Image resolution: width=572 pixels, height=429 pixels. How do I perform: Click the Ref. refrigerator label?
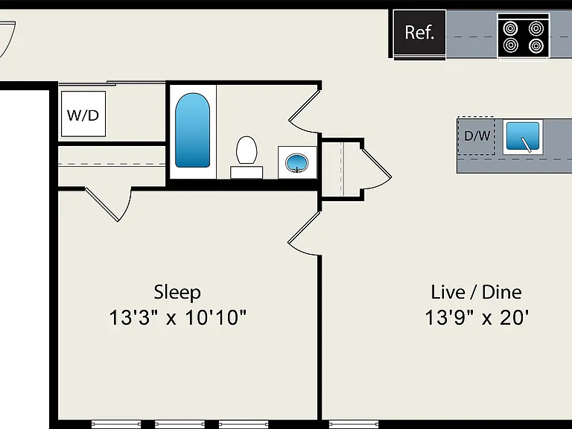[419, 33]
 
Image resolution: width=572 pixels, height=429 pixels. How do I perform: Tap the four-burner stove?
[524, 36]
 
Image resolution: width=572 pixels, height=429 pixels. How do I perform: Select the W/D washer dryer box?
[83, 114]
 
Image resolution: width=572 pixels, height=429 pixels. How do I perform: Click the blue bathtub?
[193, 130]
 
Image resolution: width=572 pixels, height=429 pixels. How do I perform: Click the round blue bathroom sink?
[296, 162]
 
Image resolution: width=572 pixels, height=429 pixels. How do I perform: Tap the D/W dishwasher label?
[477, 136]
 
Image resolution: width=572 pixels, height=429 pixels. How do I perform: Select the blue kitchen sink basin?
[523, 136]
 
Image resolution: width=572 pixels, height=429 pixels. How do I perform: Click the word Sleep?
[177, 292]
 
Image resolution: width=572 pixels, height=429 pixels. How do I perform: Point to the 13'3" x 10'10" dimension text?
[178, 317]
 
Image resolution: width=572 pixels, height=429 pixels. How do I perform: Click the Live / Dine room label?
[476, 292]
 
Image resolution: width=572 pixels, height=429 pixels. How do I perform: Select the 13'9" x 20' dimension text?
[477, 317]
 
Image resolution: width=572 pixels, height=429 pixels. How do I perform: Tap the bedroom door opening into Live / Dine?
[304, 233]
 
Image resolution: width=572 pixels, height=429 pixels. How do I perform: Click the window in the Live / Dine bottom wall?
[354, 424]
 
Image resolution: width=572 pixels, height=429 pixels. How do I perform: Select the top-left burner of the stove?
[510, 28]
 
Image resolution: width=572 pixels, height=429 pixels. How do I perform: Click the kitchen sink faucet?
[526, 144]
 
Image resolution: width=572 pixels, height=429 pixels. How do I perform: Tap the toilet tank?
[247, 172]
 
